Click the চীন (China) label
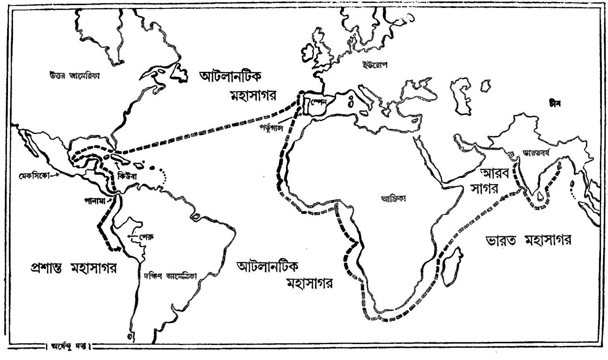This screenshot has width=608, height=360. [x=555, y=102]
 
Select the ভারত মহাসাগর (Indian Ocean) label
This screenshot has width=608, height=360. [x=529, y=240]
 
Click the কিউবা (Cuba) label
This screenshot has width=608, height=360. [x=124, y=176]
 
